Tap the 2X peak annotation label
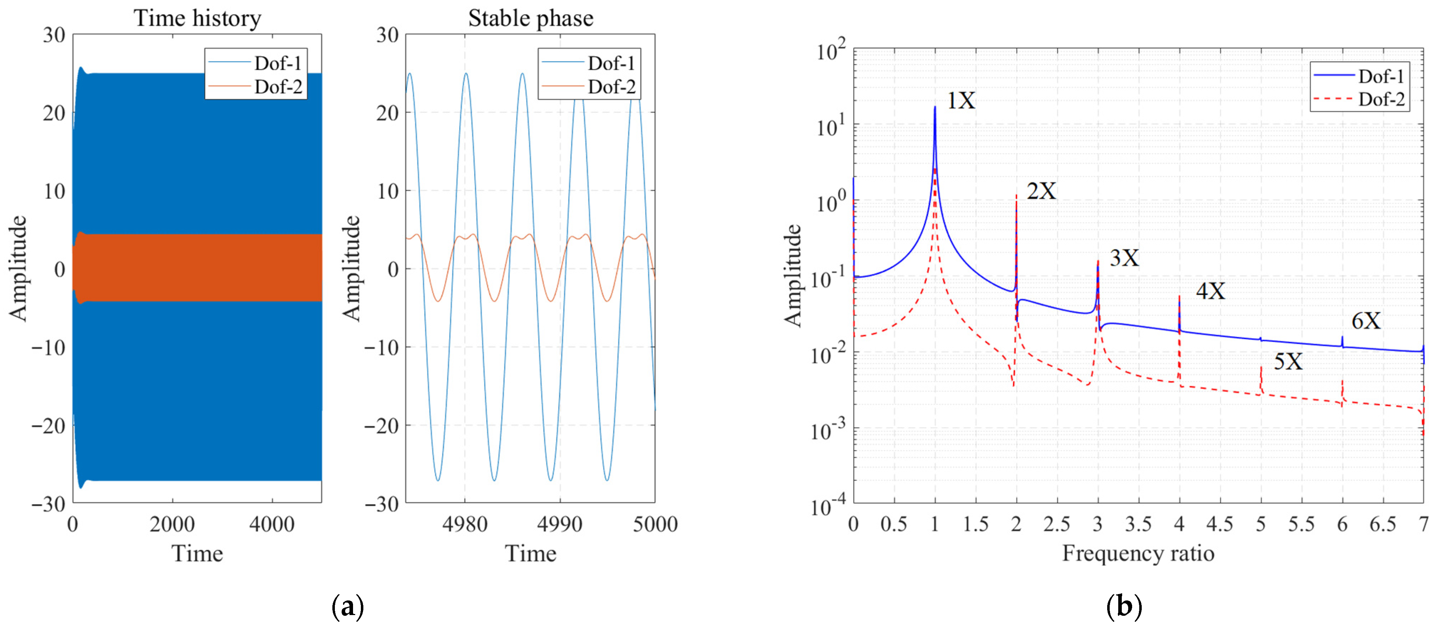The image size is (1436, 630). pyautogui.click(x=1041, y=191)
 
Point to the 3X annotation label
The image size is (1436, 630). pyautogui.click(x=1124, y=258)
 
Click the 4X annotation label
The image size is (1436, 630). pyautogui.click(x=1210, y=291)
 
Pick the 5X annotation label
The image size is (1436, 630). pyautogui.click(x=1288, y=362)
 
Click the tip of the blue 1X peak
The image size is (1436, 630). pyautogui.click(x=935, y=107)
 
